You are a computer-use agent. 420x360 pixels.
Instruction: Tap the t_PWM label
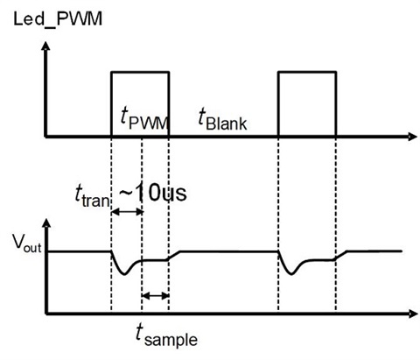coord(144,119)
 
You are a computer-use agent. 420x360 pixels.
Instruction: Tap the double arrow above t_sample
coord(155,296)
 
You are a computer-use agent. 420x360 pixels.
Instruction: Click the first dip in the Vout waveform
coord(126,272)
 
